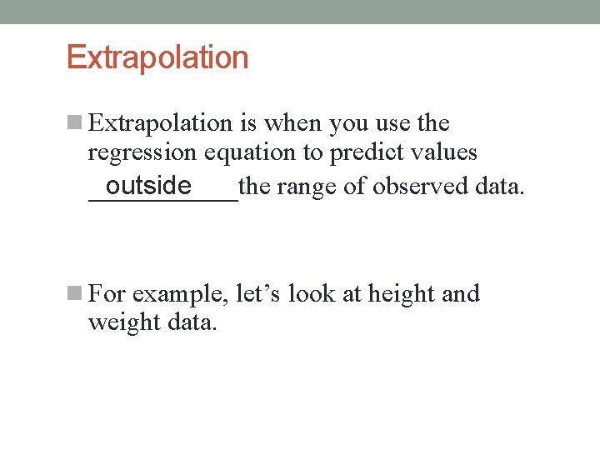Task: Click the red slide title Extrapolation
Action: click(x=157, y=57)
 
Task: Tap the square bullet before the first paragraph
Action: click(x=74, y=123)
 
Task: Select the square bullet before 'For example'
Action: click(x=74, y=294)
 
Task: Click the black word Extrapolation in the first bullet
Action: click(x=160, y=123)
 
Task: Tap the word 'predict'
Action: click(x=368, y=153)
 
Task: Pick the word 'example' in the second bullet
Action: click(x=180, y=295)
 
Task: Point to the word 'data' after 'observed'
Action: click(x=498, y=186)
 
